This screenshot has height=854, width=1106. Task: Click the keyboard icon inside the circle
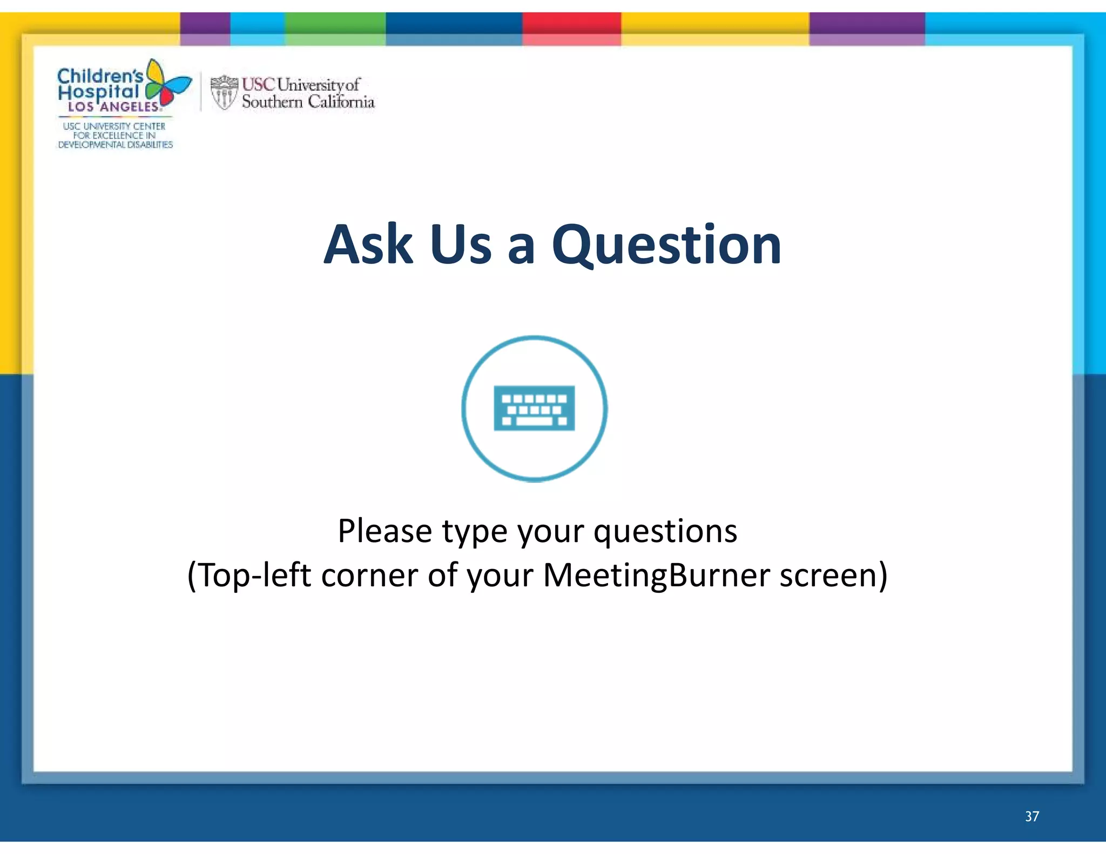click(x=534, y=408)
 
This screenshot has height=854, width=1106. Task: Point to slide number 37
click(x=1031, y=816)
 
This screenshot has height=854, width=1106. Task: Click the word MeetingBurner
click(x=656, y=575)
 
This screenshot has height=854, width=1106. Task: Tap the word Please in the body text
click(x=385, y=531)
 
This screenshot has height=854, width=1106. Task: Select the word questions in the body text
click(x=665, y=532)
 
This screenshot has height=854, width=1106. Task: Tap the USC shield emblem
click(x=224, y=92)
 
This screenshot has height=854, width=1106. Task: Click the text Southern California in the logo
click(x=308, y=101)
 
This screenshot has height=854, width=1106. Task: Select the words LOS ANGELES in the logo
click(x=113, y=107)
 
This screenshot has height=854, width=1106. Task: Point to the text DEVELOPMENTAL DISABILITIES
click(x=115, y=145)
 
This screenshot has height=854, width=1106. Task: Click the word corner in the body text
click(x=369, y=575)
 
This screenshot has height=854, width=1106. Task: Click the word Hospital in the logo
click(x=98, y=92)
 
